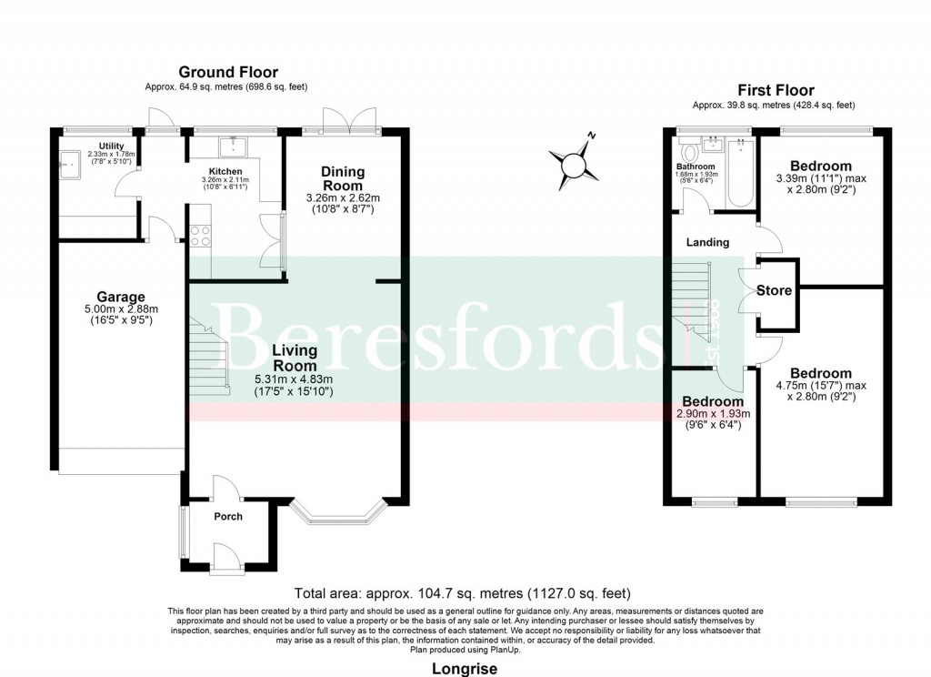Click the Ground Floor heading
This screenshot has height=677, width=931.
tap(228, 72)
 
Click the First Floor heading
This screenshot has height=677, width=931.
tap(775, 90)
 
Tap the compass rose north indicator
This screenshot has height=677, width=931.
tap(574, 165)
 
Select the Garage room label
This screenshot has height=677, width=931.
tap(122, 297)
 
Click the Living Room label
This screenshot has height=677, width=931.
tap(294, 358)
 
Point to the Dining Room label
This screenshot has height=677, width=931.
tap(342, 178)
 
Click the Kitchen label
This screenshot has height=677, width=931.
tap(225, 171)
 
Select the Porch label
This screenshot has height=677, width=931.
tap(228, 517)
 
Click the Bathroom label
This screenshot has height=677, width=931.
tap(696, 167)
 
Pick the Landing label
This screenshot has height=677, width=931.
tap(707, 242)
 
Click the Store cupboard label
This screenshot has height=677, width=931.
tap(774, 291)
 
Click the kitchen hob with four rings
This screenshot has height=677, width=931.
tap(199, 236)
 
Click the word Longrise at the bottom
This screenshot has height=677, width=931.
tap(465, 669)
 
